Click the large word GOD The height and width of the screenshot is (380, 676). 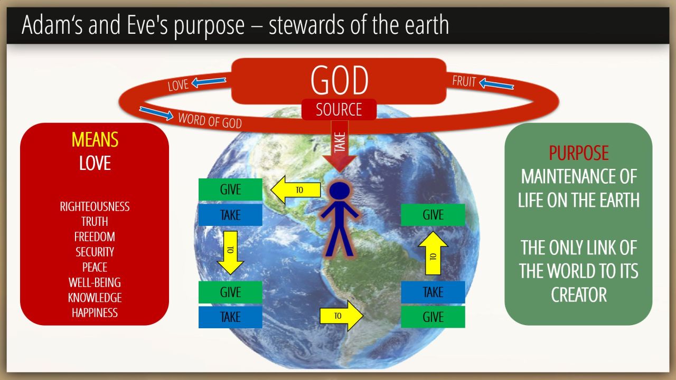click(339, 80)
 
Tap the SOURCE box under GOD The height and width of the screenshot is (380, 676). click(339, 109)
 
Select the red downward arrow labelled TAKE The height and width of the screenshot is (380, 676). click(340, 147)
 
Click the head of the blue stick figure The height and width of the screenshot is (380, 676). click(340, 191)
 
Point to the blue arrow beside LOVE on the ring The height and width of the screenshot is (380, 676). click(209, 82)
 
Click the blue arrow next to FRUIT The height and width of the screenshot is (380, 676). click(496, 84)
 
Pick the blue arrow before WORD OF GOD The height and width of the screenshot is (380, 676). click(156, 113)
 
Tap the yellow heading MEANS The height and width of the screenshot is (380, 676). click(95, 140)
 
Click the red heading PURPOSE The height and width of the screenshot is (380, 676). click(578, 153)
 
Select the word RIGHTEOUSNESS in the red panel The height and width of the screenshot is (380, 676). click(95, 206)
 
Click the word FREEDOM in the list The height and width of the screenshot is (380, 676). click(95, 237)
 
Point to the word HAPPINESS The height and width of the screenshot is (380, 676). click(95, 313)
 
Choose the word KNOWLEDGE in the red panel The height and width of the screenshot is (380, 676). click(95, 298)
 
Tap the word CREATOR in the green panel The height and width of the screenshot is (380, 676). click(578, 294)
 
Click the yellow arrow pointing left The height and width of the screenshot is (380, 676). click(295, 190)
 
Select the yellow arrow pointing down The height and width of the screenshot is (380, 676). click(231, 253)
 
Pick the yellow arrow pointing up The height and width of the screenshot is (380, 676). click(433, 253)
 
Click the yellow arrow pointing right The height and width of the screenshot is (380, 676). click(341, 316)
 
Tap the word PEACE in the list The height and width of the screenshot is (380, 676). click(95, 267)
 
